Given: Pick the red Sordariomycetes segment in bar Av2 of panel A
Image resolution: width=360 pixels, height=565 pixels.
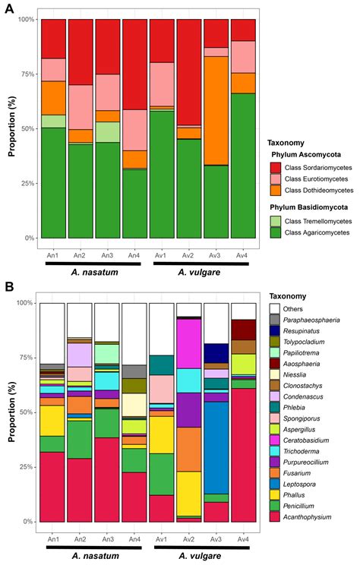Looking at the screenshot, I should coord(189,72).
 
